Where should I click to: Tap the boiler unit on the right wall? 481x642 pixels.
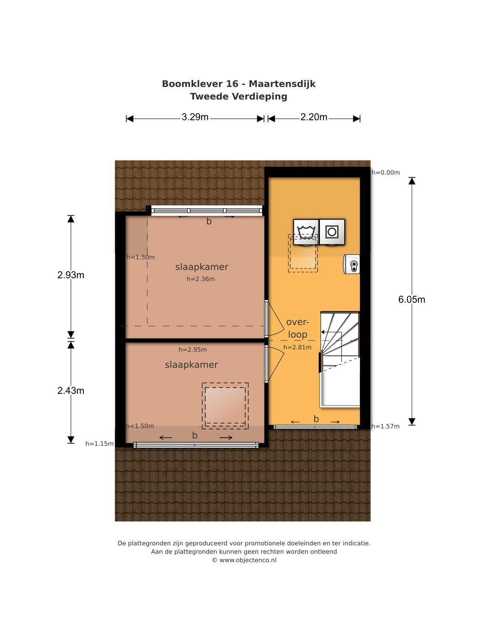352,264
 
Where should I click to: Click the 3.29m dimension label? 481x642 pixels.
195,117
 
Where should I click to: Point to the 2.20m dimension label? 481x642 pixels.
314,117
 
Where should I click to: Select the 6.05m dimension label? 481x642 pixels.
412,299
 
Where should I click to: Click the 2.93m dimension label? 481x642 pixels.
71,275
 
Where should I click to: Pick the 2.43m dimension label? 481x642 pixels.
71,390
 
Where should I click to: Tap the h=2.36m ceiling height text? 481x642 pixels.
201,279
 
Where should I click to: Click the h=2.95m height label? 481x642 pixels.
193,349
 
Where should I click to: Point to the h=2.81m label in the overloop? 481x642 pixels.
297,347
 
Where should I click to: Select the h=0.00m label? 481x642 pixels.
386,173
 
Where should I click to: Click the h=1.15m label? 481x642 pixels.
99,444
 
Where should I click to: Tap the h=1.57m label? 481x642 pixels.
386,427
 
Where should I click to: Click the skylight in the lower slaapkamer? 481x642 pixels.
225,406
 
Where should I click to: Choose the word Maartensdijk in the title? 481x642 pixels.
282,84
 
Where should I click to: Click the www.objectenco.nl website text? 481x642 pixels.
248,560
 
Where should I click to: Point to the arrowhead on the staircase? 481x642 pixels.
323,332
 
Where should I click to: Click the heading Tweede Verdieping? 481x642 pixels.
238,97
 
